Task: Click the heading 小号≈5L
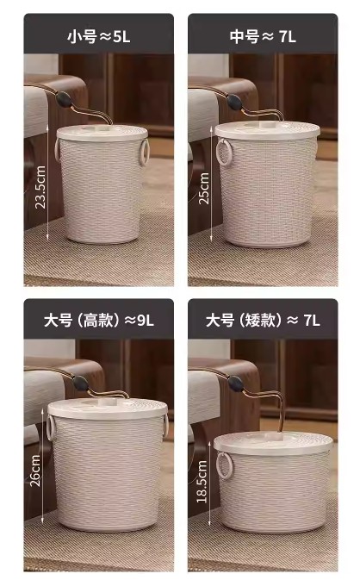tap(99, 36)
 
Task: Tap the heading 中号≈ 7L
tap(263, 36)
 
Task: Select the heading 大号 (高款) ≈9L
tap(99, 320)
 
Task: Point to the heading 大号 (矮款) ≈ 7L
tap(263, 320)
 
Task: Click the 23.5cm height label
tap(40, 187)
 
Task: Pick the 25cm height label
tap(203, 188)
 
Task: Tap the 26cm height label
tap(35, 471)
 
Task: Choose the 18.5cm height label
tap(202, 481)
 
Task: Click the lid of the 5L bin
tap(102, 133)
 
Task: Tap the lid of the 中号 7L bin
tap(268, 130)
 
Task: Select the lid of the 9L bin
tap(108, 408)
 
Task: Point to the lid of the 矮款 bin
tap(273, 443)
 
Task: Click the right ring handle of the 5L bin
tap(144, 152)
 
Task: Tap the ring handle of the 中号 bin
tap(223, 153)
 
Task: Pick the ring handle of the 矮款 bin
tap(224, 465)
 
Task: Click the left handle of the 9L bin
tap(50, 428)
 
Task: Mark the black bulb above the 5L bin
tap(63, 99)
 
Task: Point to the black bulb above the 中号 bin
tap(234, 102)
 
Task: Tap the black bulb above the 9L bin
tap(81, 383)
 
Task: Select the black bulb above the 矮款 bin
tap(236, 384)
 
